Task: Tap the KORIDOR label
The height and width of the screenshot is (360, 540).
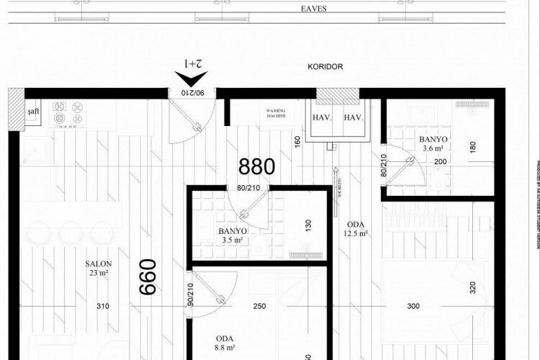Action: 324,67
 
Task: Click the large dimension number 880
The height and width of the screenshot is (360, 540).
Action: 257,167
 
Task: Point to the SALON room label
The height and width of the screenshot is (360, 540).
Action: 97,268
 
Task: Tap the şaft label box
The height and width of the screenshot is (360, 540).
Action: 32,113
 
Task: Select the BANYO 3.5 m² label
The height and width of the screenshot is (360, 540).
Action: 233,235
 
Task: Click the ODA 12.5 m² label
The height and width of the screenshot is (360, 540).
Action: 356,228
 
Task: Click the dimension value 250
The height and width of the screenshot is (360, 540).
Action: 259,307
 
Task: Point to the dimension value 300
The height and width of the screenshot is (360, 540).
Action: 413,307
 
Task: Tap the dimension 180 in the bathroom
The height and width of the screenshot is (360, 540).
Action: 472,147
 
